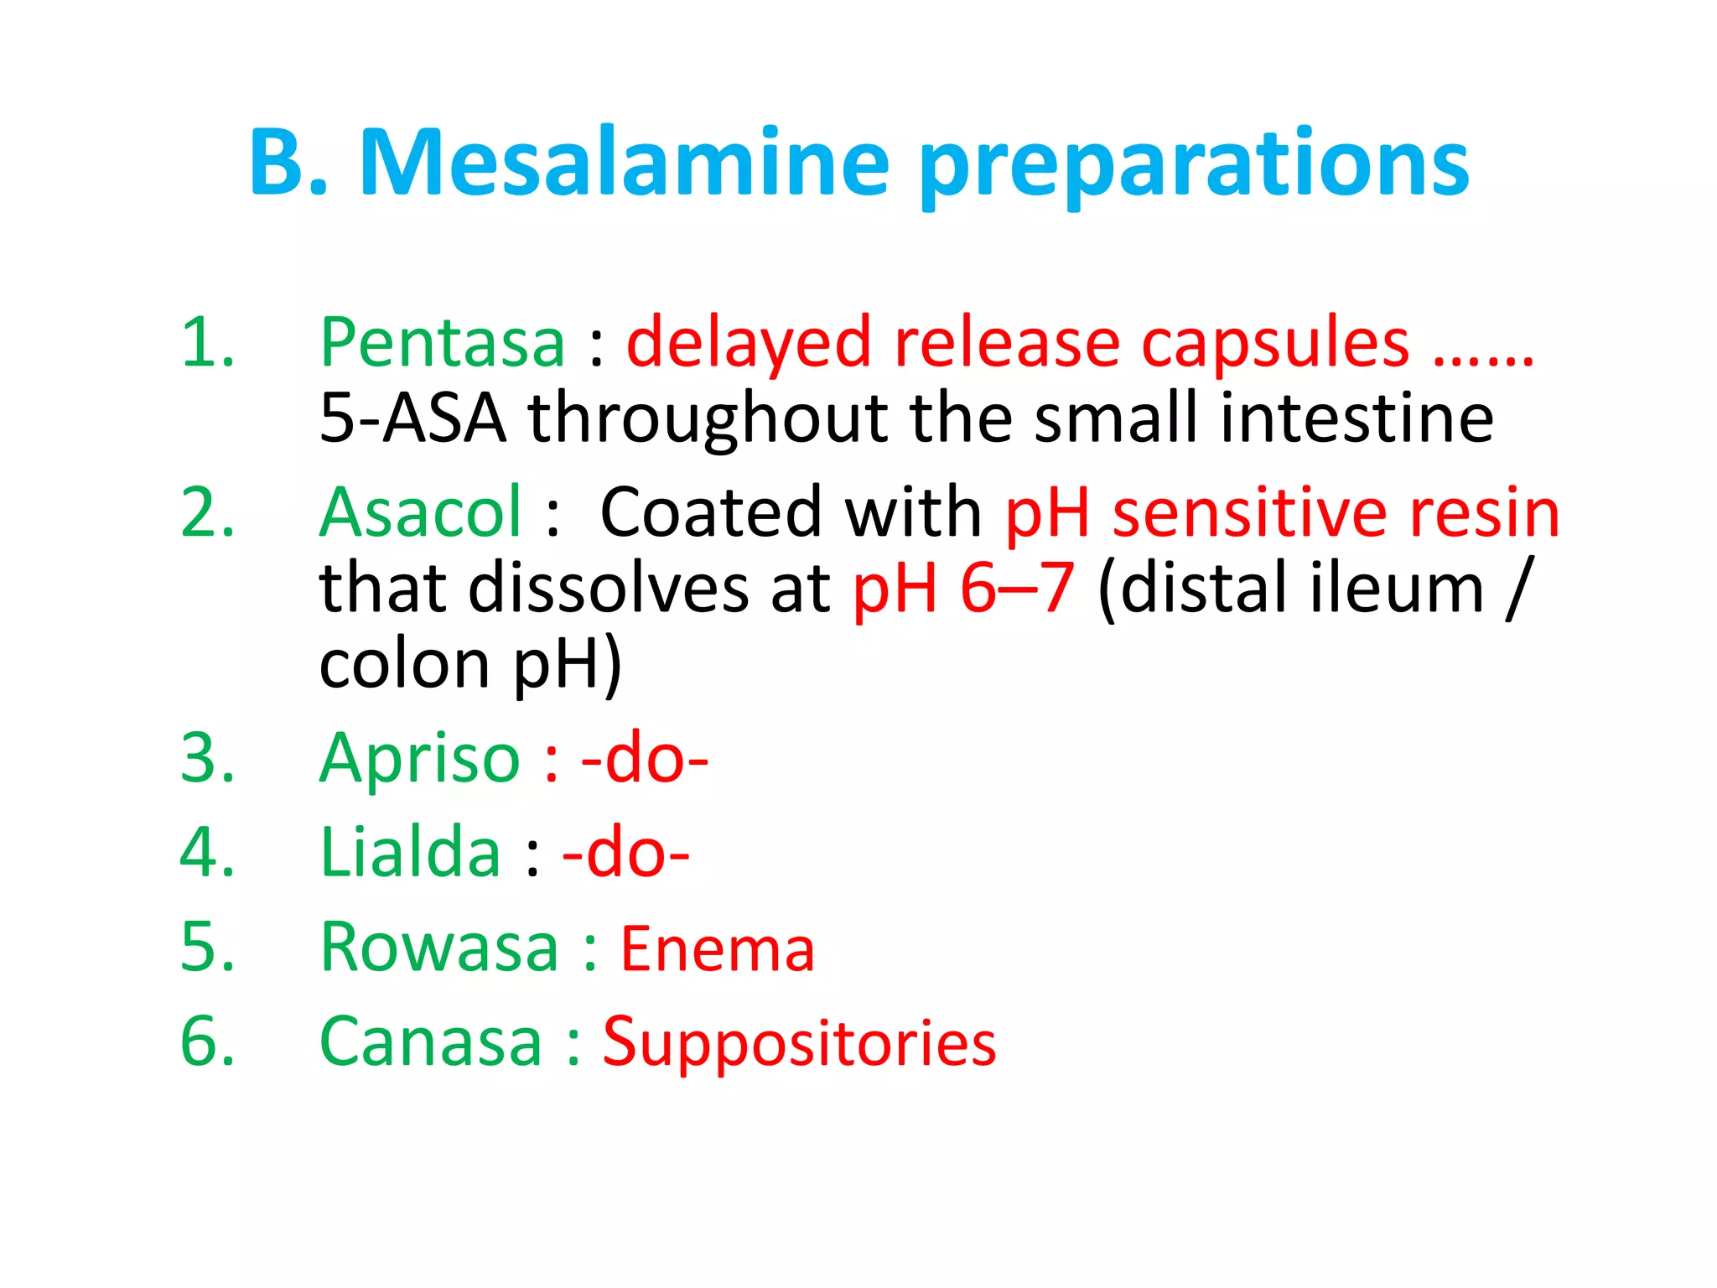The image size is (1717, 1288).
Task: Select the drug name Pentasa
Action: [443, 343]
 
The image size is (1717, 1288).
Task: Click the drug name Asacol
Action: [421, 512]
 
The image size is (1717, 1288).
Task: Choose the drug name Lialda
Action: [411, 853]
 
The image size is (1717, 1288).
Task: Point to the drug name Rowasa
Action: [439, 948]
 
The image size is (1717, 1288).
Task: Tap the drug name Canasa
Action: [431, 1041]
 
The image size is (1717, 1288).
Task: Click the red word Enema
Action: [718, 949]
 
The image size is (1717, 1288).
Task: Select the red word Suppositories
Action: [800, 1044]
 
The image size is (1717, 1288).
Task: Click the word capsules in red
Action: [1275, 345]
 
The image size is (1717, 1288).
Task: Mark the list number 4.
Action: [207, 853]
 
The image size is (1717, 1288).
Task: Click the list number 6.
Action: [207, 1041]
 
